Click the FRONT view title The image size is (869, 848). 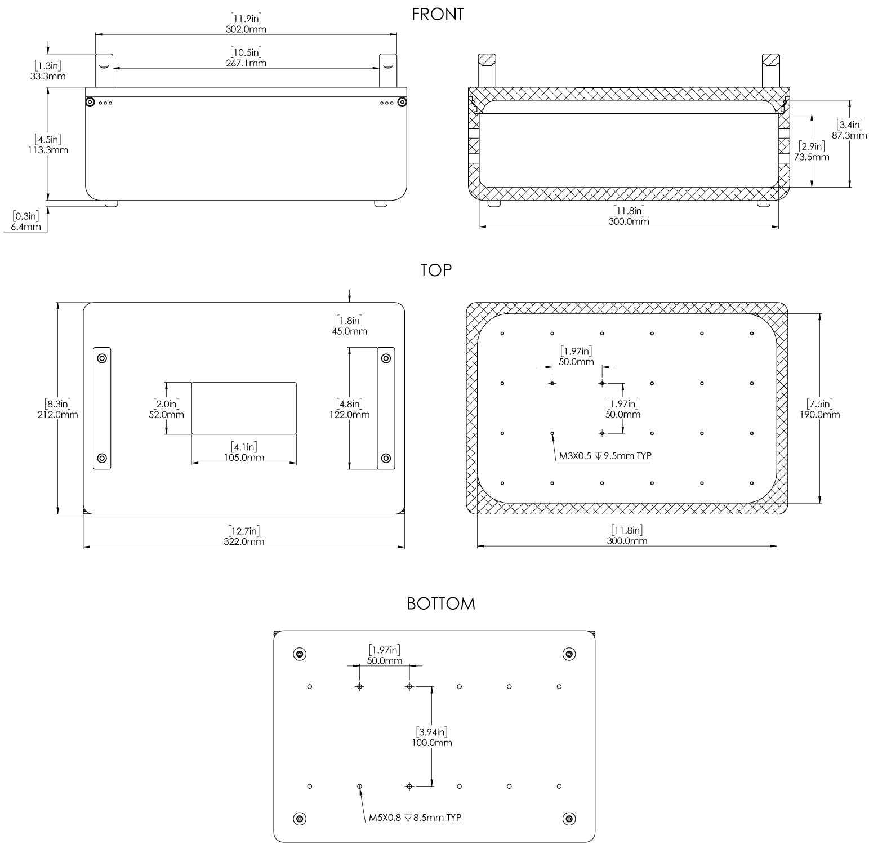click(438, 15)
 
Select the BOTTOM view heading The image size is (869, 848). click(441, 604)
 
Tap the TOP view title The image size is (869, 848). click(436, 270)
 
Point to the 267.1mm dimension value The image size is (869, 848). click(246, 63)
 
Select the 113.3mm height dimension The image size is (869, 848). click(48, 150)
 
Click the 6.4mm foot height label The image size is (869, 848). click(26, 227)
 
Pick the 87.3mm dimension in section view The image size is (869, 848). click(849, 135)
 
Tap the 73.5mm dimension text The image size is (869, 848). click(812, 157)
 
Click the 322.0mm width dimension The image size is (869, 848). click(244, 541)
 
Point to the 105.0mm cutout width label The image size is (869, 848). click(244, 458)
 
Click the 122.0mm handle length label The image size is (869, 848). click(350, 414)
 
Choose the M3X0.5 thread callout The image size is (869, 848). click(605, 456)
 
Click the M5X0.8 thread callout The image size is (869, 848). click(415, 818)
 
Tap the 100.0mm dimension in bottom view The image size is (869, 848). click(431, 743)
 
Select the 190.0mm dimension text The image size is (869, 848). click(819, 414)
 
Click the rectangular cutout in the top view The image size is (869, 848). click(244, 408)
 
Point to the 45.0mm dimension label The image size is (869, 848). click(349, 331)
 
